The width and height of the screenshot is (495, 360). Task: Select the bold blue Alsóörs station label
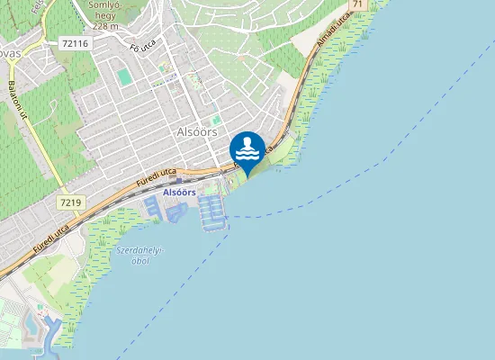179,193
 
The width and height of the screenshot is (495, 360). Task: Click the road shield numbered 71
358,5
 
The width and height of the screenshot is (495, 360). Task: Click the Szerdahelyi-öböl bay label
139,256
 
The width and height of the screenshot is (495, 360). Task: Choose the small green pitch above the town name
216,120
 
